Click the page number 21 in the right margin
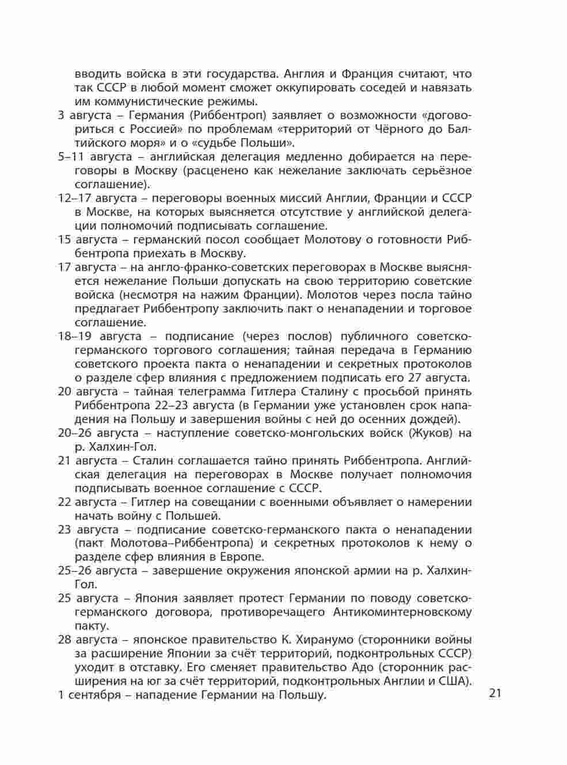495,692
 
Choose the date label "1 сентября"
89,695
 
